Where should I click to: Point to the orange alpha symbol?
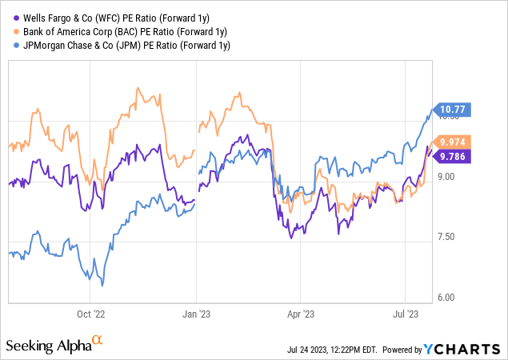tap(98, 341)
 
